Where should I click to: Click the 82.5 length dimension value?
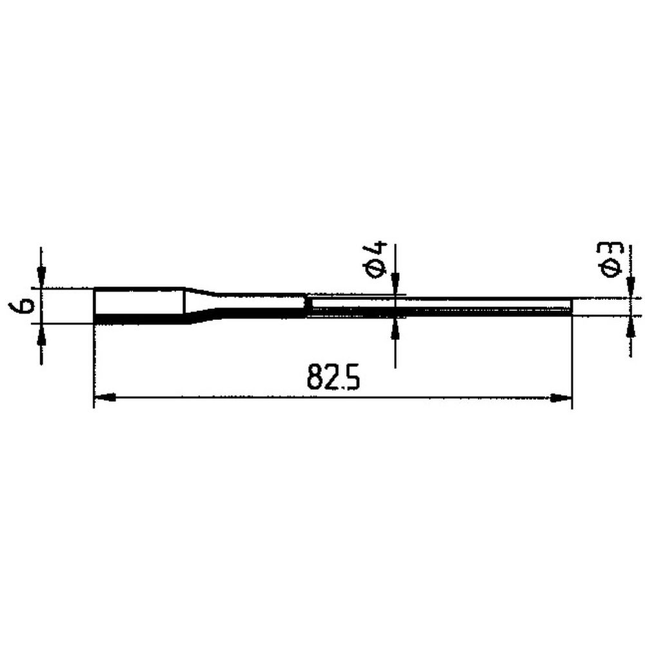coord(333,377)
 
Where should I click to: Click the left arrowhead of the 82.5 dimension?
coord(104,397)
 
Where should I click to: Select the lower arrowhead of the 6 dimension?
coord(41,335)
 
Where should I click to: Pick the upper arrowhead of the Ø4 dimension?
coord(395,284)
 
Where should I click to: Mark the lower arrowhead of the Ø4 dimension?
coord(395,328)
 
